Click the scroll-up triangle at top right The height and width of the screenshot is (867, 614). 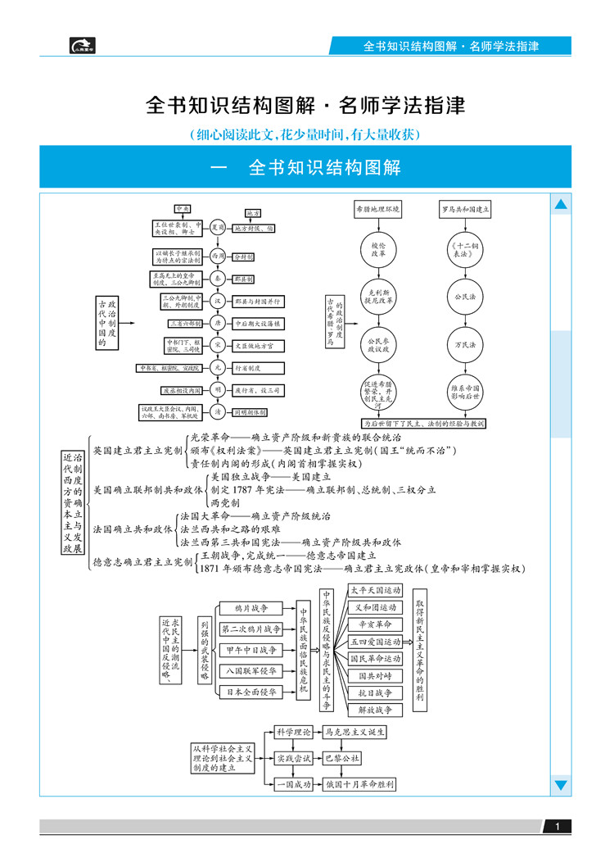pyautogui.click(x=561, y=204)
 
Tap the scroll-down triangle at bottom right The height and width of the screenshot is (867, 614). pyautogui.click(x=561, y=785)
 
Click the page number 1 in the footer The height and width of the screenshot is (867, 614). pyautogui.click(x=557, y=826)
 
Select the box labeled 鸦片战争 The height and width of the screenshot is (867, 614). pyautogui.click(x=247, y=608)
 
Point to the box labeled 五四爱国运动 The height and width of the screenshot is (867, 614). pyautogui.click(x=375, y=642)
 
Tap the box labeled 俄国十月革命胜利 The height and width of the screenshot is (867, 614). pyautogui.click(x=359, y=784)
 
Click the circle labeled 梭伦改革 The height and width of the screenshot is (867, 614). pyautogui.click(x=378, y=250)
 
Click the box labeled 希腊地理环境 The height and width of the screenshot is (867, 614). pyautogui.click(x=378, y=210)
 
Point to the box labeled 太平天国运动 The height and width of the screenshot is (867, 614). pyautogui.click(x=375, y=590)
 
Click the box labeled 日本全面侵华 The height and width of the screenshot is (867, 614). pyautogui.click(x=247, y=692)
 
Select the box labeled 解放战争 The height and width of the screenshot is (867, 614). pyautogui.click(x=375, y=709)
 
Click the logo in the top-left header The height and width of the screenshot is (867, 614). pyautogui.click(x=84, y=46)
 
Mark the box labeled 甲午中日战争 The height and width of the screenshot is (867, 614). pyautogui.click(x=247, y=650)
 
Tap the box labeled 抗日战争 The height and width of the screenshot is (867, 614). pyautogui.click(x=375, y=692)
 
